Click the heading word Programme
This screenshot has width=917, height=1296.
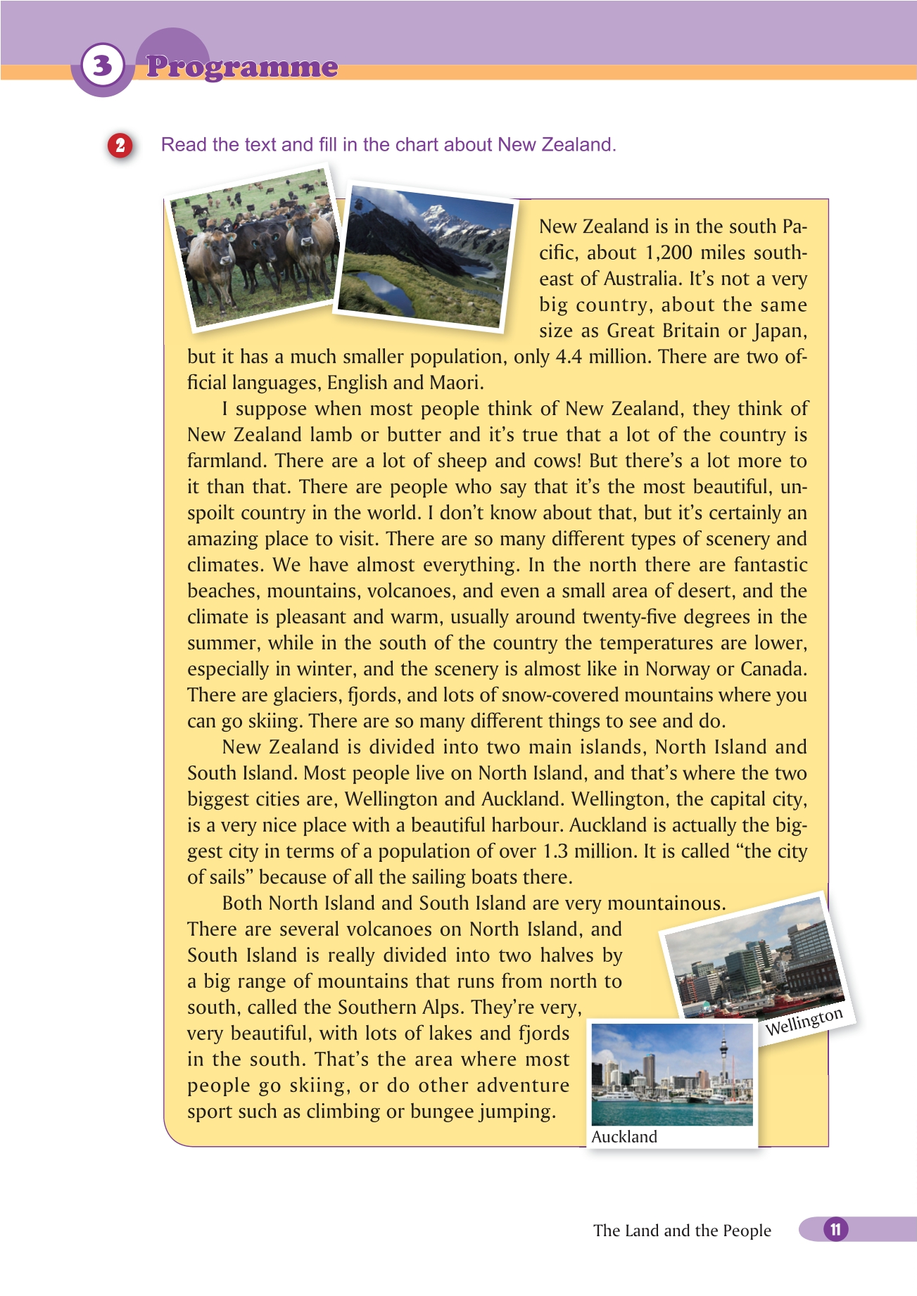pos(242,67)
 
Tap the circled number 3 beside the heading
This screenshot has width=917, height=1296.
pos(103,66)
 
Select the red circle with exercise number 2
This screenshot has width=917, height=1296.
pos(120,145)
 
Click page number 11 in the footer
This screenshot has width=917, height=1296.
pos(835,1229)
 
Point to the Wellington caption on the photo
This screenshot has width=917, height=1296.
pos(804,1022)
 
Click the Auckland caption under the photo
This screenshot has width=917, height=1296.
pos(624,1136)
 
